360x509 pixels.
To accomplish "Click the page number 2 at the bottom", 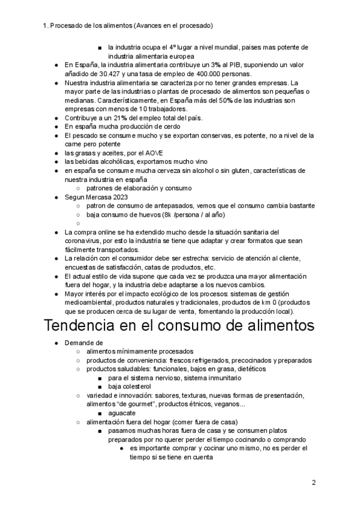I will (x=314, y=482).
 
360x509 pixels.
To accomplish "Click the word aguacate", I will (x=123, y=413).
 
